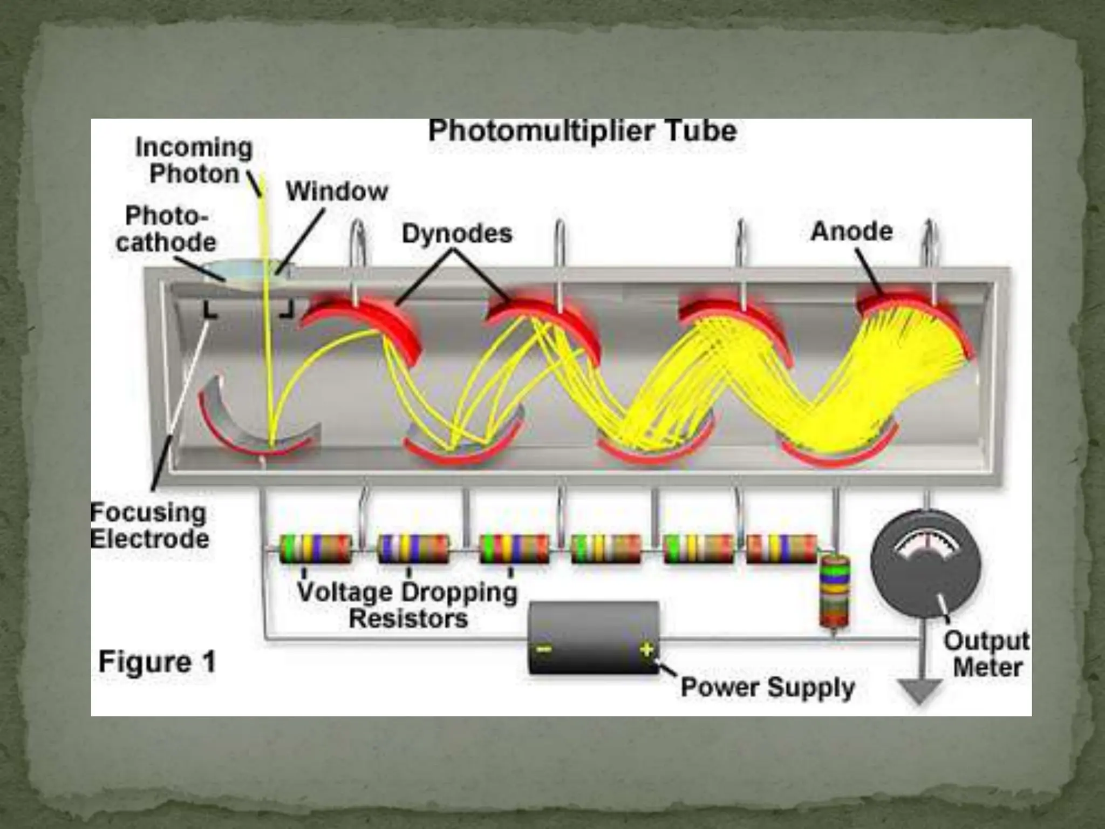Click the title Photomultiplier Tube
coord(582,131)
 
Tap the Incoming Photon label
coord(194,161)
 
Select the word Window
coord(337,192)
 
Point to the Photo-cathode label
coord(166,229)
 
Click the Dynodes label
coord(457,234)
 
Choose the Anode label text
coord(851,232)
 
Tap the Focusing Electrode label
coord(149,526)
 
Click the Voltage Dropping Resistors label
coord(408,605)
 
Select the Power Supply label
coord(768,688)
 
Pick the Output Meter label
coord(987,654)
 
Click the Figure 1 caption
coord(157,662)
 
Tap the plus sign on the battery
coord(646,649)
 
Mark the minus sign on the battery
coord(544,649)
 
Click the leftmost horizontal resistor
coord(316,549)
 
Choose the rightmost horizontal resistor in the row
coord(781,549)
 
